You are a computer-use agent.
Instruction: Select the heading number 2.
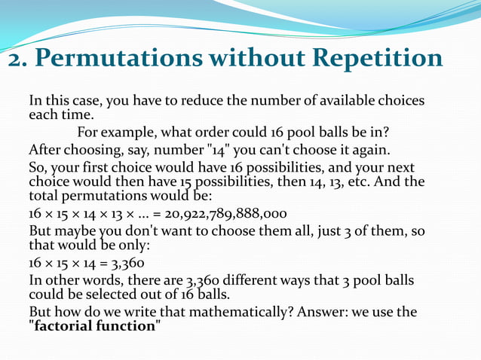tap(15, 58)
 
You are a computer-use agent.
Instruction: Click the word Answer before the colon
tap(314, 312)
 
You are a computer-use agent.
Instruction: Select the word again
tap(369, 150)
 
